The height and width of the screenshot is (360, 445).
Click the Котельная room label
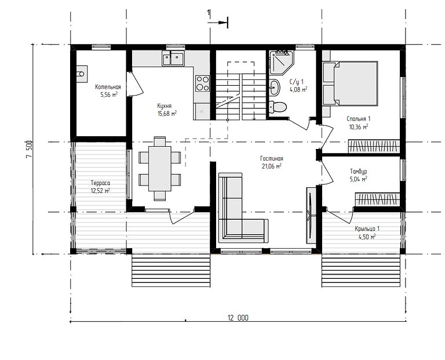click(x=108, y=87)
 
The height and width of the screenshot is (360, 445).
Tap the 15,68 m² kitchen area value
click(x=166, y=114)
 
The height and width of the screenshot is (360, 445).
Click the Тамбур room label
click(x=359, y=172)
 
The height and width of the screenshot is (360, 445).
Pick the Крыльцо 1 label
click(x=367, y=229)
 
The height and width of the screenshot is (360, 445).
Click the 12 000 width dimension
click(x=238, y=318)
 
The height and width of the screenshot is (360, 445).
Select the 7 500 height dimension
click(x=29, y=152)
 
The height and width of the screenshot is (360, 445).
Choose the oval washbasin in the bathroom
click(x=275, y=88)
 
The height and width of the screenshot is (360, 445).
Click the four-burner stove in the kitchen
click(x=202, y=83)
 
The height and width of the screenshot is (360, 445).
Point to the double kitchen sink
click(x=173, y=57)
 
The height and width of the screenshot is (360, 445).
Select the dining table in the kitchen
click(x=159, y=168)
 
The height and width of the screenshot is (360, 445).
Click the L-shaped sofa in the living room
click(x=235, y=212)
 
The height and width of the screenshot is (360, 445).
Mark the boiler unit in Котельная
click(x=80, y=74)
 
